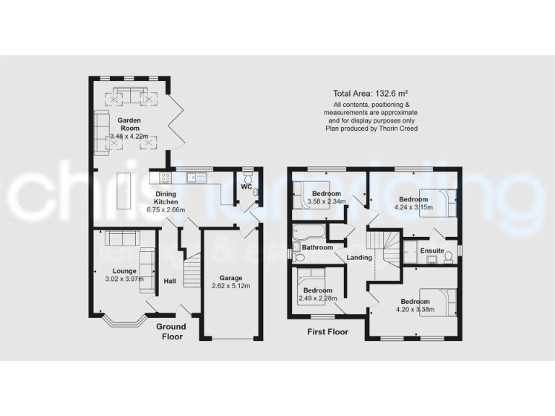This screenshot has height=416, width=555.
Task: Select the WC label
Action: pos(246,186)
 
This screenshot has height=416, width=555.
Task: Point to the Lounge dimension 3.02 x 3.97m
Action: pos(124,279)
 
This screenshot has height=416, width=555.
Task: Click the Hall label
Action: pos(170,281)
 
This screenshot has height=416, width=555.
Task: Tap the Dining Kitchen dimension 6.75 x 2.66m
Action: pos(166,209)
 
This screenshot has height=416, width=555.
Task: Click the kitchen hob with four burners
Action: pos(165,178)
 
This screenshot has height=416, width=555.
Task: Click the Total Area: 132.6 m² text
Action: pos(371,93)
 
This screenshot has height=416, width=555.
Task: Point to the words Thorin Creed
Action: pos(400,129)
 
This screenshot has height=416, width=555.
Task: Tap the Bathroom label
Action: pos(317,248)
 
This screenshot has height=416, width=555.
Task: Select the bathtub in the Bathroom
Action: pos(309,233)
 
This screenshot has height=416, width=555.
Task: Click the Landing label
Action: pos(359,257)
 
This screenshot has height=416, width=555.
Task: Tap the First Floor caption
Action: pos(327,332)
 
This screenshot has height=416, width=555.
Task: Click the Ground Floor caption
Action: pos(171,331)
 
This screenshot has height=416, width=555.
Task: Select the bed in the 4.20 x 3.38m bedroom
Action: pos(442,301)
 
